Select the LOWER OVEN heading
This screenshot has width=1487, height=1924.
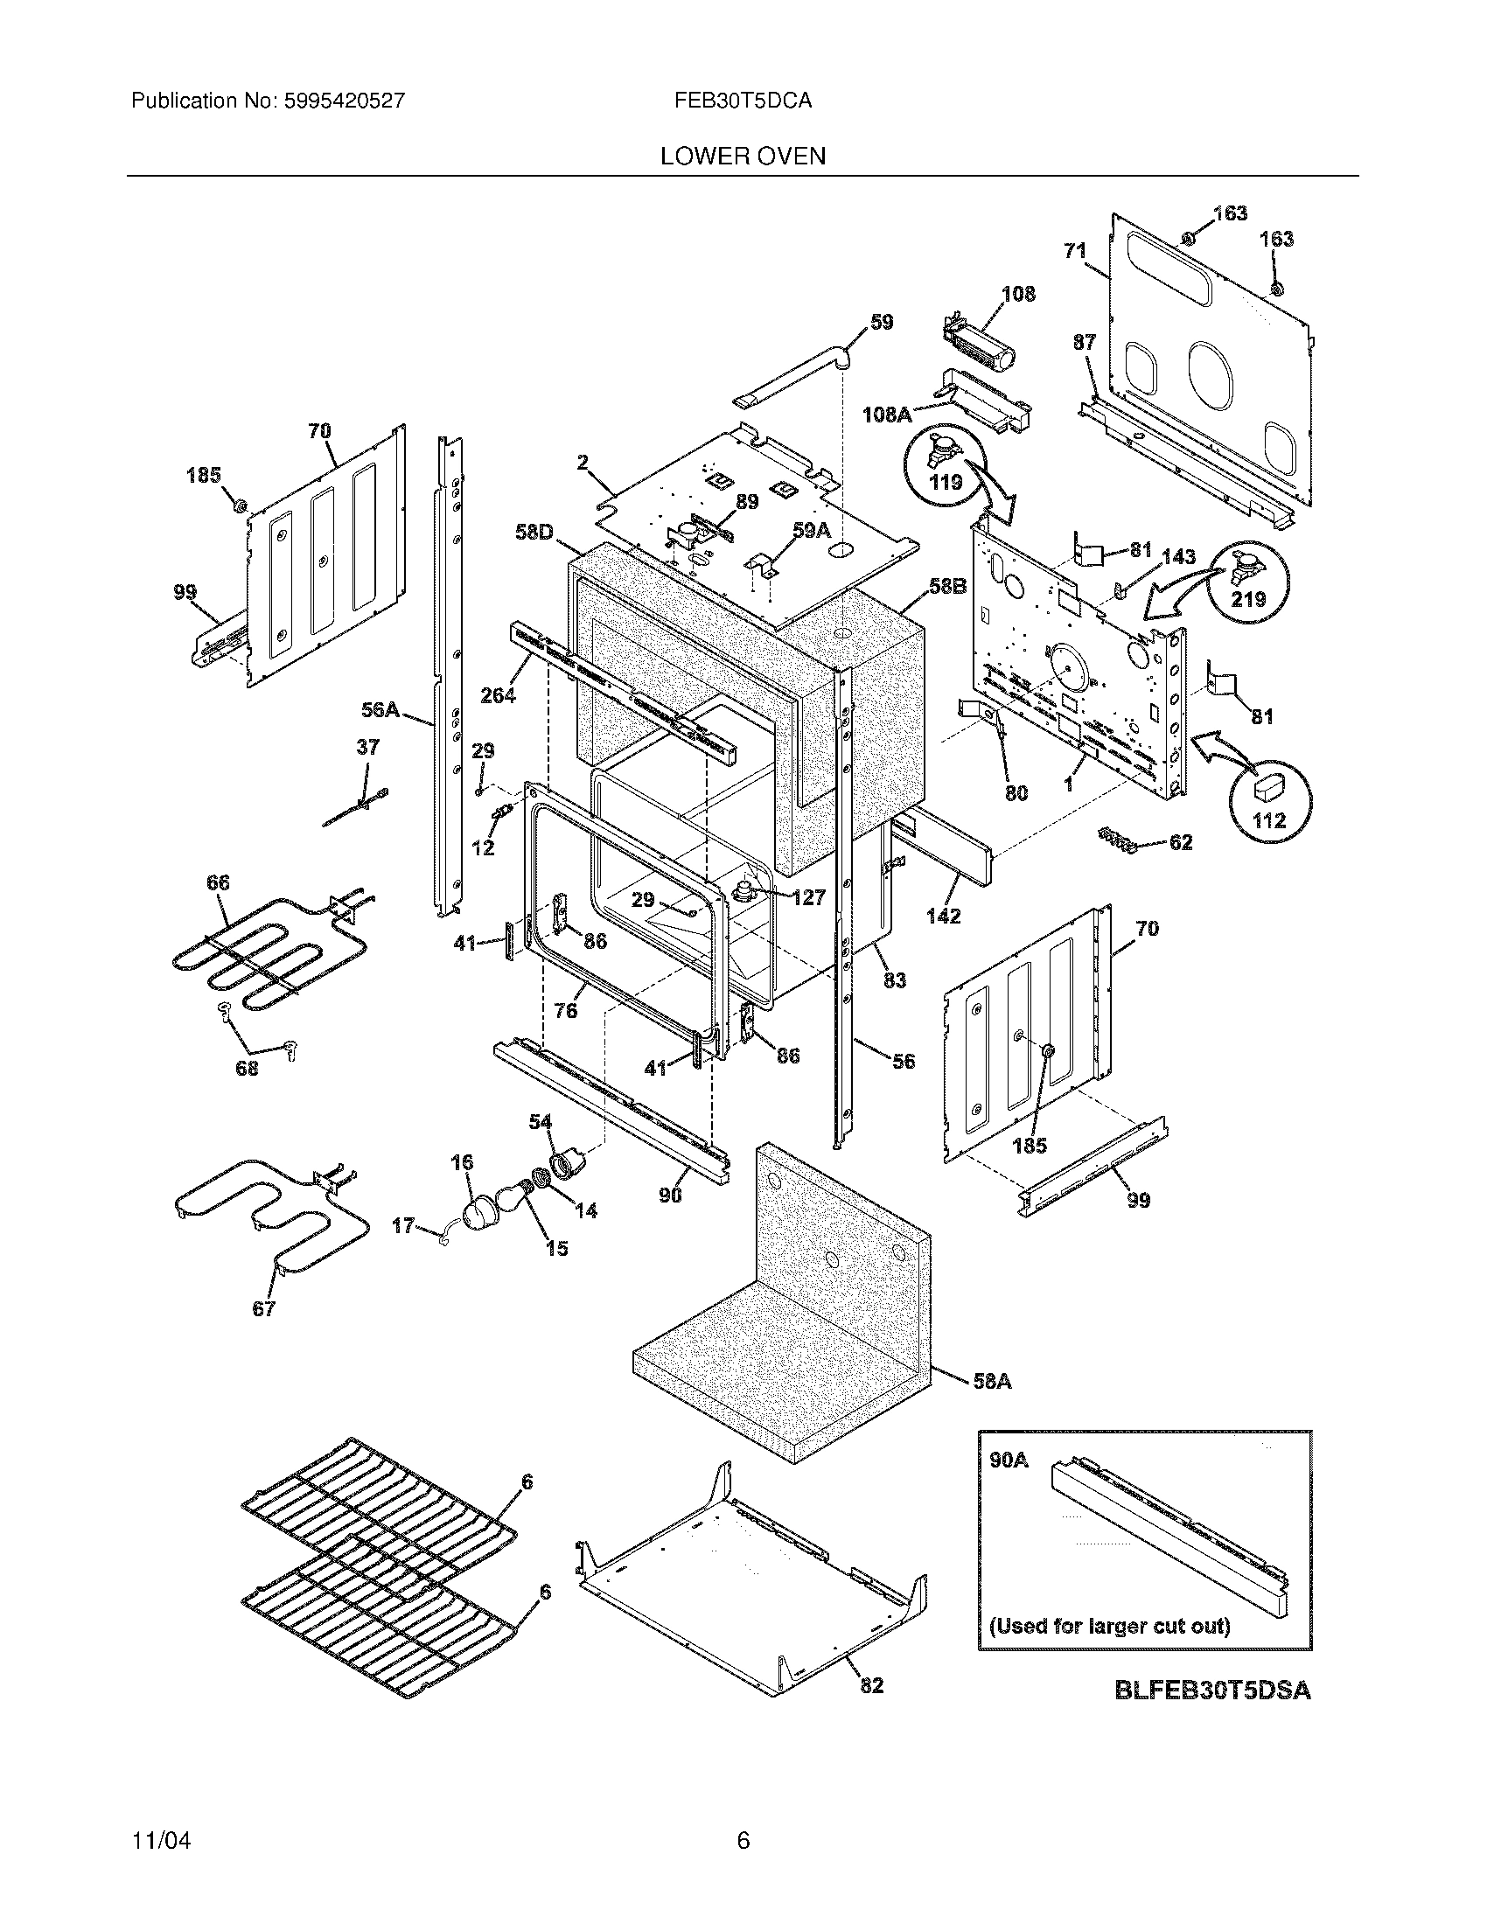743,157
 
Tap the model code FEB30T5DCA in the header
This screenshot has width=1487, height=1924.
743,101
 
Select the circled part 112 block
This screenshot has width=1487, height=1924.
1268,800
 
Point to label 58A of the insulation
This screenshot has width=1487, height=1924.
992,1381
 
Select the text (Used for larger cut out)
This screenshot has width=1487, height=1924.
1109,1626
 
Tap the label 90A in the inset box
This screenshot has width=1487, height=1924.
1009,1460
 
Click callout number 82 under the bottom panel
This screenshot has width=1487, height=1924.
870,1685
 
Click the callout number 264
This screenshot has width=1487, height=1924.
498,695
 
